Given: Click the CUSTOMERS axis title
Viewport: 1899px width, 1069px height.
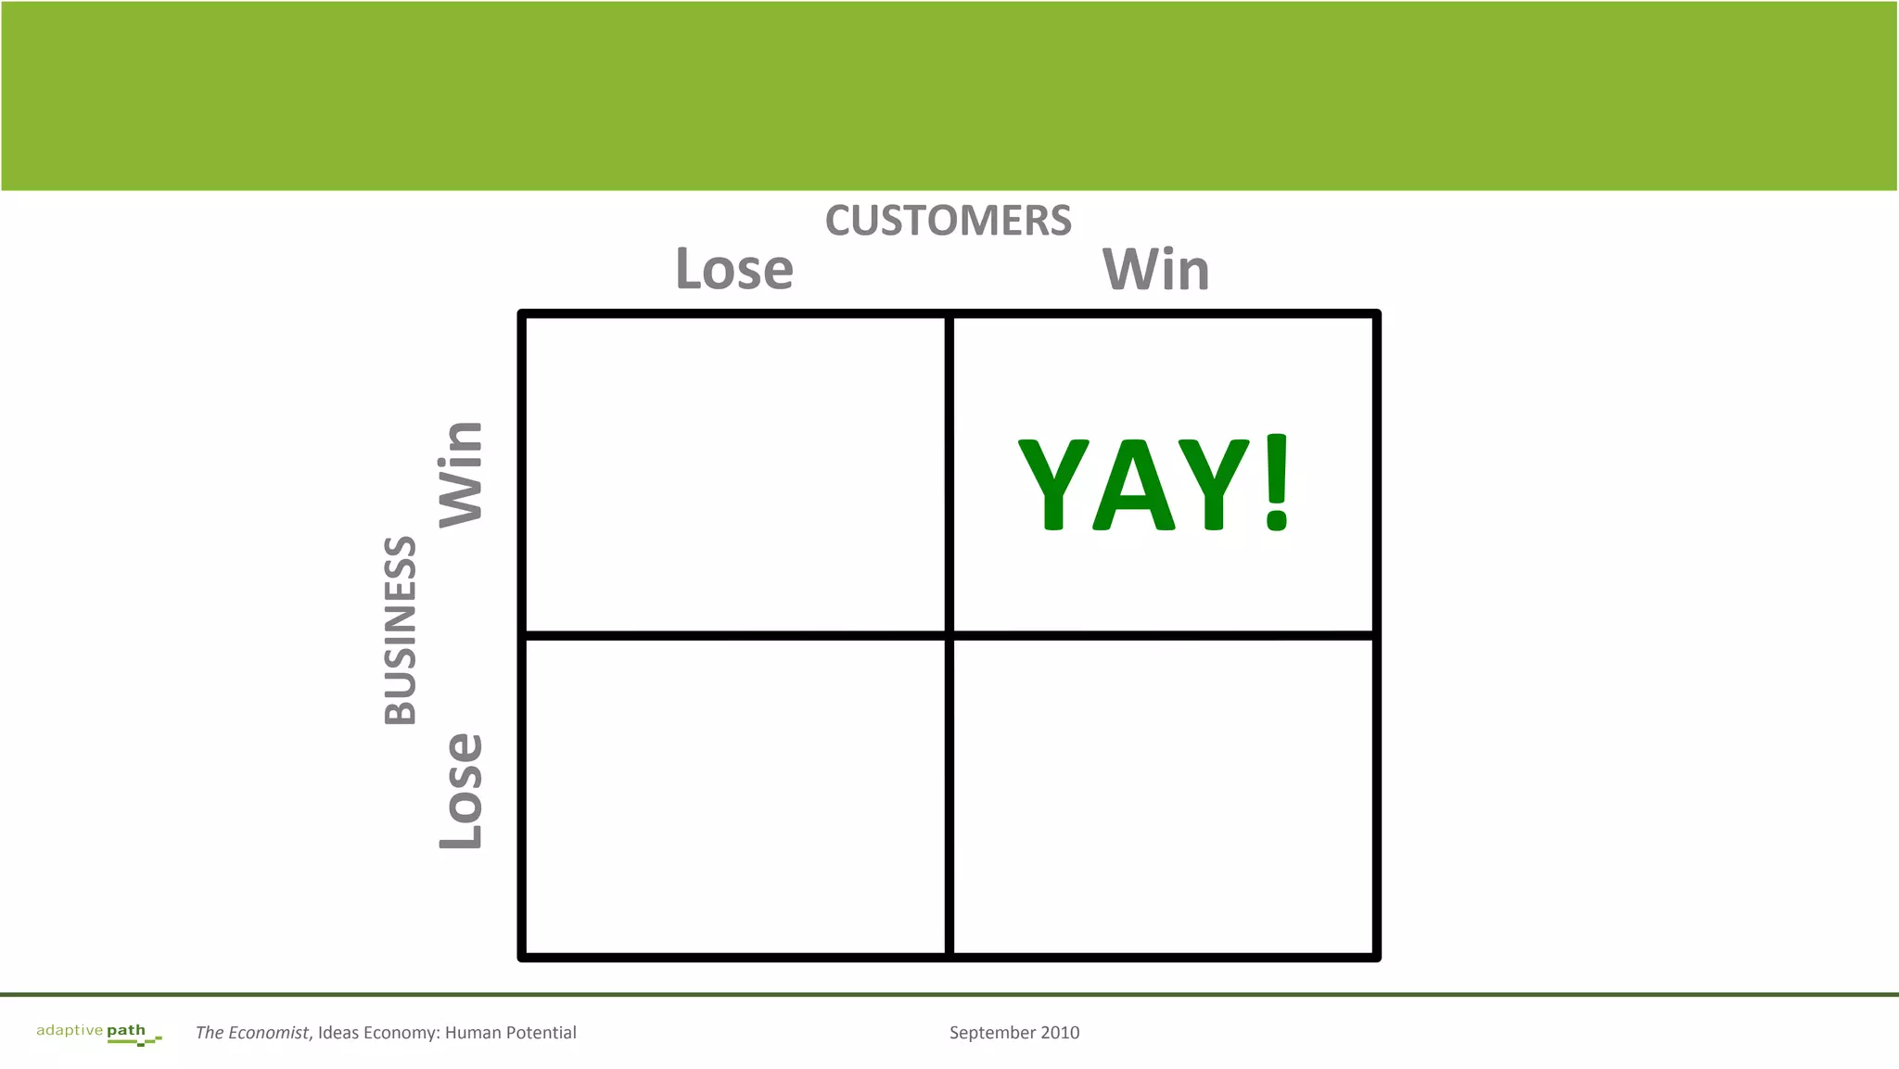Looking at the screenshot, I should (x=948, y=221).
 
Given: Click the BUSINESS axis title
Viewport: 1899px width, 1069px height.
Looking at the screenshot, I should (x=401, y=630).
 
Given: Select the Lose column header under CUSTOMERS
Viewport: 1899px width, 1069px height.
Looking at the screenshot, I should (x=734, y=269).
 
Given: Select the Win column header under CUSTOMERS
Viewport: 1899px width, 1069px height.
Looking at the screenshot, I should (x=1155, y=270).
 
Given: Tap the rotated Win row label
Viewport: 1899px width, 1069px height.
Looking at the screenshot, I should (x=461, y=474).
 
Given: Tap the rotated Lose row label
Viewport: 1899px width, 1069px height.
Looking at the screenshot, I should (x=461, y=791).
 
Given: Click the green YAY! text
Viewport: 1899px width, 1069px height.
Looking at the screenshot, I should (x=1153, y=483).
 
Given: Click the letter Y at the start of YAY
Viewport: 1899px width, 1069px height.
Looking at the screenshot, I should (x=1053, y=485).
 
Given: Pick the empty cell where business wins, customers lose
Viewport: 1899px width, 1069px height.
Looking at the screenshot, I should (x=735, y=475).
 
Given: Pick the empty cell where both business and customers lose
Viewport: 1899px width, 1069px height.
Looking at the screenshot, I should (x=735, y=795).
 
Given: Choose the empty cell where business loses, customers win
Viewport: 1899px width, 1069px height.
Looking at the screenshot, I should (x=1163, y=795).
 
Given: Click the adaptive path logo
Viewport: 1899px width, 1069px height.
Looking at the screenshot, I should (x=97, y=1032).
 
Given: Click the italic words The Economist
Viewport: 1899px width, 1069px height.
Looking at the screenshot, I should (x=251, y=1033).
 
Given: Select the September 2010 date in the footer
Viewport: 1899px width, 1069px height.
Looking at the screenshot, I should (x=1013, y=1033).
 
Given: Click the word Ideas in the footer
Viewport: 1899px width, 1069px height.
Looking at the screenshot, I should (x=338, y=1033).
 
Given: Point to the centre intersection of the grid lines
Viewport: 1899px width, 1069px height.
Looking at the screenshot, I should (x=949, y=635).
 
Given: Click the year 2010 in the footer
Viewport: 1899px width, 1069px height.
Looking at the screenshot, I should (x=1059, y=1033).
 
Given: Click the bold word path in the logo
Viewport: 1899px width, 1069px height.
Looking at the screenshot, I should (x=126, y=1031).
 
